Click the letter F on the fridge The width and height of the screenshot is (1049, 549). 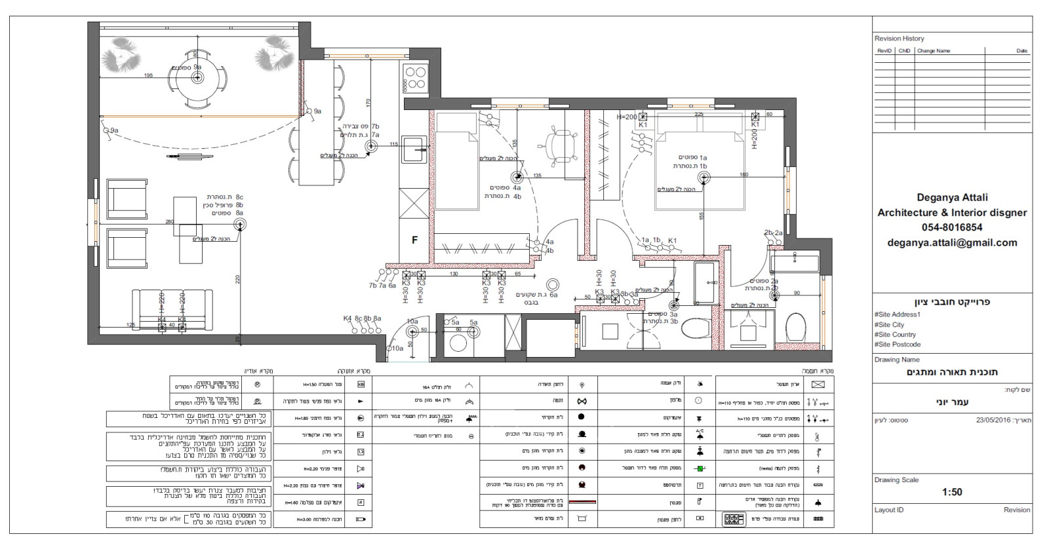[x=414, y=240]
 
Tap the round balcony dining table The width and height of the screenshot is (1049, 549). [x=197, y=78]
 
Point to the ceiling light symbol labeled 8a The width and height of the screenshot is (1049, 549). [x=241, y=225]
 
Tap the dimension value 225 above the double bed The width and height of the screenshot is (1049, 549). [x=698, y=114]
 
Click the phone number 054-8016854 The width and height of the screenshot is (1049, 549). [x=952, y=227]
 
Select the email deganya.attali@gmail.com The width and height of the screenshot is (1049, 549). [x=952, y=242]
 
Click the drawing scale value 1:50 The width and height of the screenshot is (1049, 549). [x=952, y=492]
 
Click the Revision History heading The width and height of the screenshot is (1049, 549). [x=899, y=39]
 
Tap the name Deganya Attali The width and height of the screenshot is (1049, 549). [x=952, y=197]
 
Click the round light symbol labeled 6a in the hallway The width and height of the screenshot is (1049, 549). [x=553, y=284]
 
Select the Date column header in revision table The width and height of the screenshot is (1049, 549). [x=1021, y=50]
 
